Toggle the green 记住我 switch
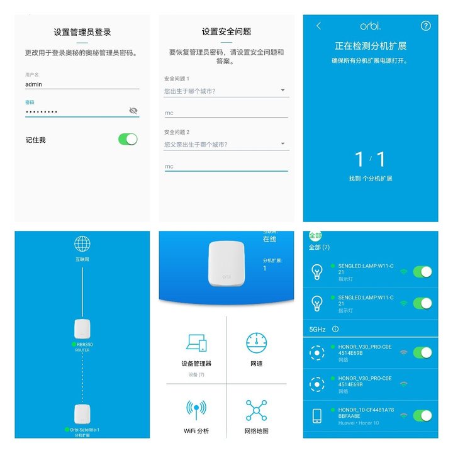coord(128,139)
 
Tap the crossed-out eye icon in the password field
coord(133,111)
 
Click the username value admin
coord(33,84)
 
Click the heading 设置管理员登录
coord(82,31)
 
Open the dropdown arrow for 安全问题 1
coord(282,91)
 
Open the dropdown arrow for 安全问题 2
coord(282,144)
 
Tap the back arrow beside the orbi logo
coord(318,26)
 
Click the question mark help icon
coord(426,26)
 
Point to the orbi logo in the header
coord(371,26)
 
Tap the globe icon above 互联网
coord(82,244)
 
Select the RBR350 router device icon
coord(82,329)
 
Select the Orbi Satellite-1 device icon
coord(82,414)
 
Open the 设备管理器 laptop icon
coord(196,343)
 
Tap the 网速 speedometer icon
coord(257,343)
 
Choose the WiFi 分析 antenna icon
coord(196,411)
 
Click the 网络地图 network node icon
coord(257,410)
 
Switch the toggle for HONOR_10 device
coord(423,415)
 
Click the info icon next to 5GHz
coord(335,328)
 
